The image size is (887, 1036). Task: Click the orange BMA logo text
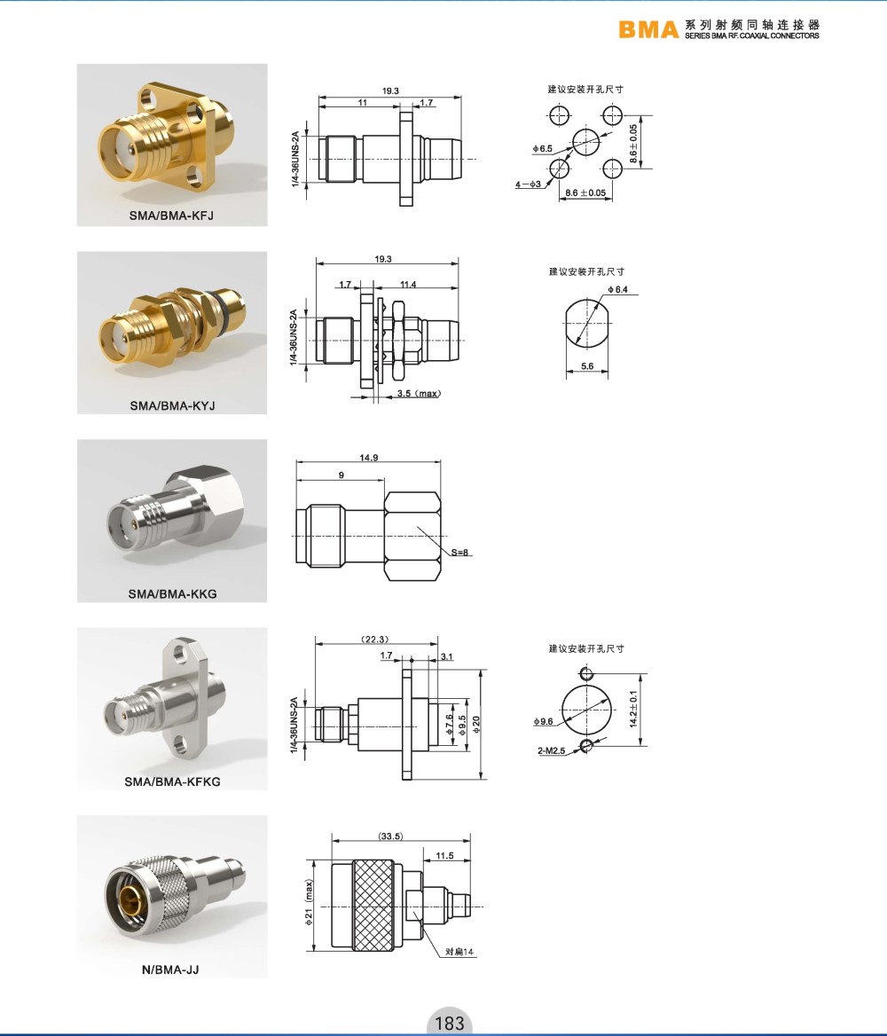(x=648, y=30)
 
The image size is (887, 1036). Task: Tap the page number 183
(x=450, y=1023)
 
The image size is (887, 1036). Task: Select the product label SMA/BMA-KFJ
(x=171, y=216)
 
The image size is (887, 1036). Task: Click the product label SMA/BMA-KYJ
(x=172, y=405)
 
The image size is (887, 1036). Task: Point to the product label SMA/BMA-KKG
(x=172, y=593)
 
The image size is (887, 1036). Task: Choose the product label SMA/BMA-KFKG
(x=172, y=781)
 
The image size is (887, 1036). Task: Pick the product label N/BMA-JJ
(x=170, y=969)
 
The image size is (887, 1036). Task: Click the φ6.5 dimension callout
(x=542, y=149)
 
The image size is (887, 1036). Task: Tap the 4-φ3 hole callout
(x=528, y=184)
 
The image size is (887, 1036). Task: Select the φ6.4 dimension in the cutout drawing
(x=618, y=289)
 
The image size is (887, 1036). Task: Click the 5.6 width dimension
(x=587, y=366)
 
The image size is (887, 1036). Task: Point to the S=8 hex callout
(x=460, y=553)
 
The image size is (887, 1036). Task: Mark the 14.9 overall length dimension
(x=369, y=457)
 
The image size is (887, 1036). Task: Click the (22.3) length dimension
(x=375, y=639)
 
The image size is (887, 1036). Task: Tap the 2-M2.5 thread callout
(x=551, y=750)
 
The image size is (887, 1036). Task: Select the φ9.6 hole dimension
(x=544, y=721)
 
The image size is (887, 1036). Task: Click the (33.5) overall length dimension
(x=390, y=836)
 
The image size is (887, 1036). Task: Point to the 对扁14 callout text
(x=459, y=952)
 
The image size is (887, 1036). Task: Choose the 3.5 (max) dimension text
(x=419, y=393)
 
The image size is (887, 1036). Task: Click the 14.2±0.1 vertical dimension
(x=633, y=709)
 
